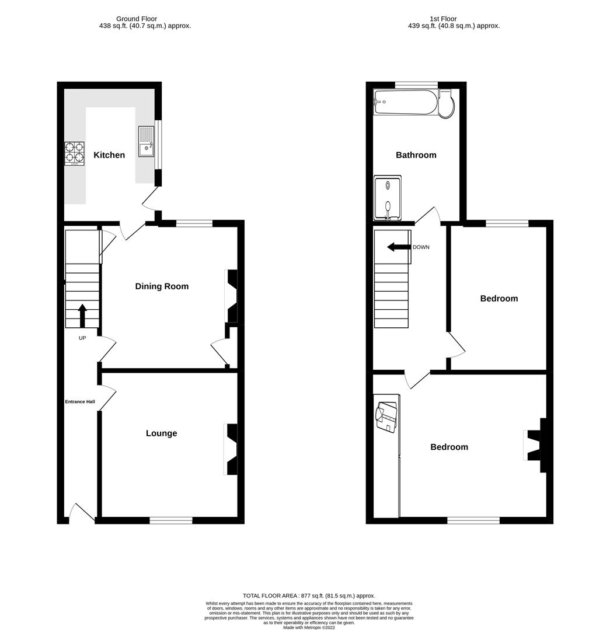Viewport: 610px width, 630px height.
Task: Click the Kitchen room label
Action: point(109,155)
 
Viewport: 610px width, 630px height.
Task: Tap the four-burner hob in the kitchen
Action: point(74,154)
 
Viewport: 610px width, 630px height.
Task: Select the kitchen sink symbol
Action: point(146,142)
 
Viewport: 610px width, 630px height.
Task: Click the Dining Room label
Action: point(162,286)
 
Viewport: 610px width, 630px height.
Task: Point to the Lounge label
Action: point(161,433)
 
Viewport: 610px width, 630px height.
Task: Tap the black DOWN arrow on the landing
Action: point(399,247)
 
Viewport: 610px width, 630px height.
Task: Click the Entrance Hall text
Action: point(79,401)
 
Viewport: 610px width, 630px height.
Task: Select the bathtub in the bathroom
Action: point(405,102)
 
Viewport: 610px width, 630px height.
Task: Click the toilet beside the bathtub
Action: point(447,104)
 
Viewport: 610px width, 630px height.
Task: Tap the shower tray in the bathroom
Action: point(387,199)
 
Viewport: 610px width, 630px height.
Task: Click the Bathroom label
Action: point(416,155)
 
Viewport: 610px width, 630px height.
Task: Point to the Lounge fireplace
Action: point(231,449)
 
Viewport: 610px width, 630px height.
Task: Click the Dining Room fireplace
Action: point(232,296)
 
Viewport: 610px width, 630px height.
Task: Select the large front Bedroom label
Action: point(449,447)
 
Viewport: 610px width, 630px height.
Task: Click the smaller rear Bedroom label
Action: point(499,299)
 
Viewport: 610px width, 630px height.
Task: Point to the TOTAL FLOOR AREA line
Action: point(309,596)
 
